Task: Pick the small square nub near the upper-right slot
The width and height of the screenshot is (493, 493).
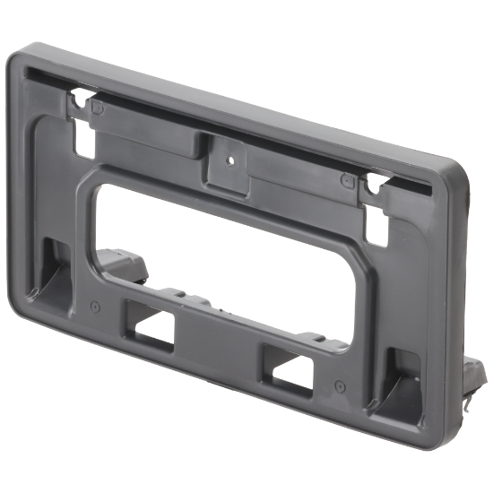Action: tap(345, 179)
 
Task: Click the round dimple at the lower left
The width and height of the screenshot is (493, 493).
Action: tap(94, 305)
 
